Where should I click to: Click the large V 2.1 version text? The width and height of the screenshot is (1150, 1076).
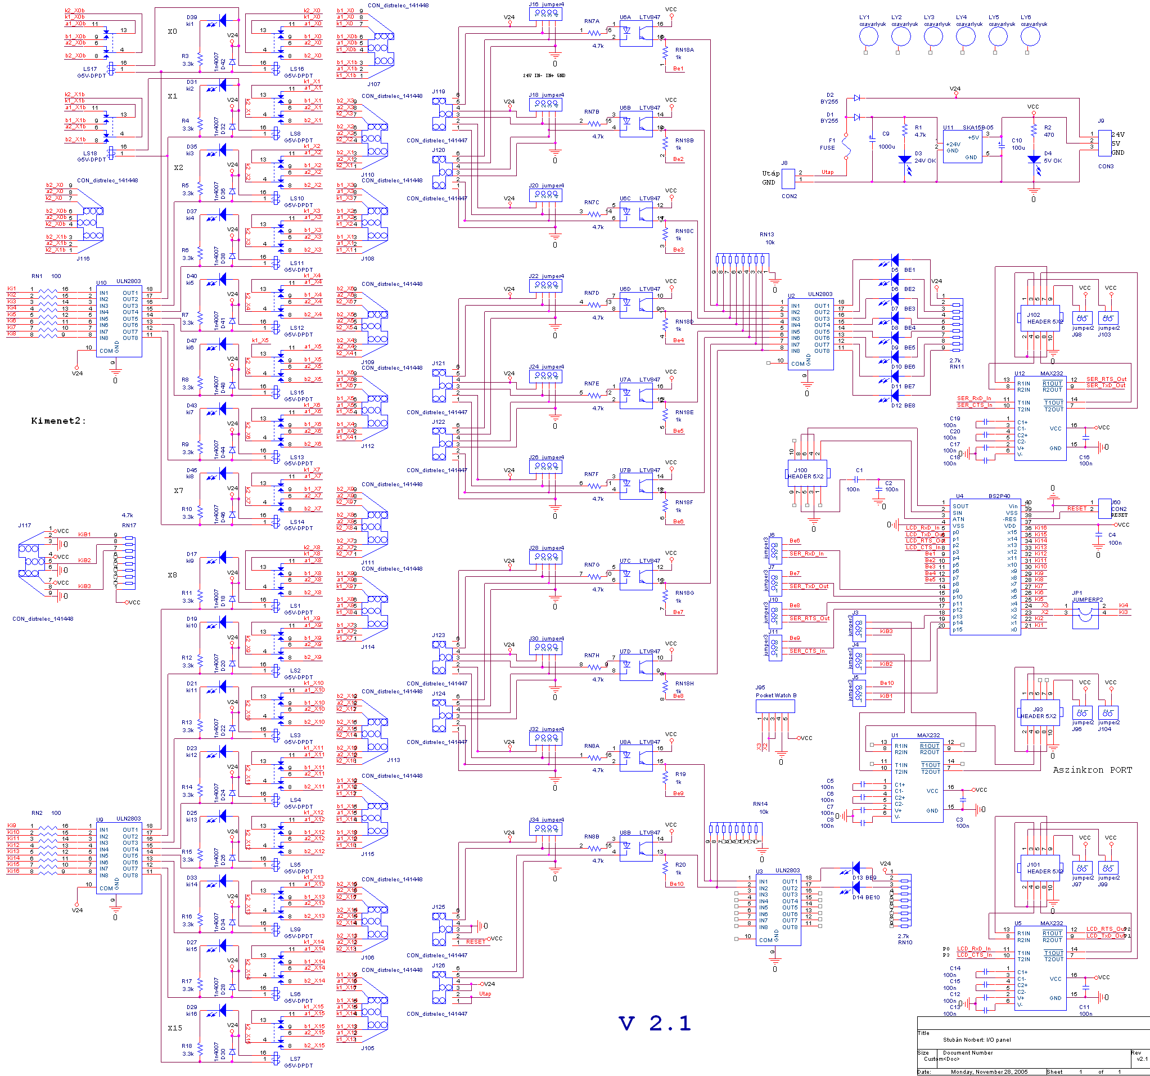(655, 1023)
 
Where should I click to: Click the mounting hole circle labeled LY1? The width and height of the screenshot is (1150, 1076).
(868, 37)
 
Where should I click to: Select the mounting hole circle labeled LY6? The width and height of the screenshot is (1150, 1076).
(1030, 37)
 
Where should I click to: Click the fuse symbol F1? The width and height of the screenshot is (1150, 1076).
(846, 145)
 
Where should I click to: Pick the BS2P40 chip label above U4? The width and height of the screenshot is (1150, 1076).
(999, 496)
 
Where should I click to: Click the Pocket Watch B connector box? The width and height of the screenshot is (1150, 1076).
(775, 706)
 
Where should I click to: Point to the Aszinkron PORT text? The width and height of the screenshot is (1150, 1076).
(1092, 770)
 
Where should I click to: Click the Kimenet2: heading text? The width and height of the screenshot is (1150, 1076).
(58, 421)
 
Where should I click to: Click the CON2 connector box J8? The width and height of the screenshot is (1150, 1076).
(788, 179)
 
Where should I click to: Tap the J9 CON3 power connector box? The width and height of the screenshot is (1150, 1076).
(1104, 143)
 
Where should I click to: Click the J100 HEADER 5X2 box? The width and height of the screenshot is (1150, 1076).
(806, 473)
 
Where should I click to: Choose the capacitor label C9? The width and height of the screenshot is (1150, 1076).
(885, 134)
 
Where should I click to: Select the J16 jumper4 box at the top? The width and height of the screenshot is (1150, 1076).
(545, 14)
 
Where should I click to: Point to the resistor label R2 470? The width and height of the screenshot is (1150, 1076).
(1048, 131)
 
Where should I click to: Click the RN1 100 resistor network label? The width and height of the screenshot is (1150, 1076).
(46, 276)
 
